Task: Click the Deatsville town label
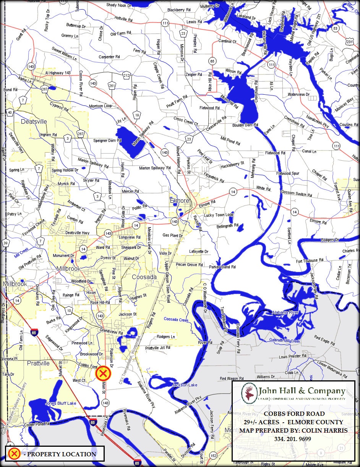tap(34, 122)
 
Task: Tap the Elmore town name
tap(179, 200)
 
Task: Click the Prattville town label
tap(38, 363)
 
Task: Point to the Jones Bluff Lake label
tap(60, 404)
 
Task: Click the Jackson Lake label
tap(185, 385)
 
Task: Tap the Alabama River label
tap(285, 312)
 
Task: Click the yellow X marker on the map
tap(103, 373)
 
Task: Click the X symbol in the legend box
tap(14, 454)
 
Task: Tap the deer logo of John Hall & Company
tap(249, 393)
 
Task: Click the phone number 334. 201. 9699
tap(293, 439)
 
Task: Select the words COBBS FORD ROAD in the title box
tap(294, 414)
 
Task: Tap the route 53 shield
tap(335, 29)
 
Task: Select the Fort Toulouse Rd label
tap(310, 261)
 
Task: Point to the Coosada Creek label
tap(176, 319)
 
